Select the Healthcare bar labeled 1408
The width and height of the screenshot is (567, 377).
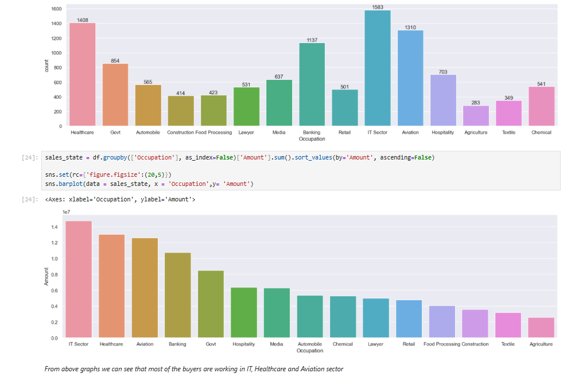82,74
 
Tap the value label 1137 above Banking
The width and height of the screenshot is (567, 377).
312,40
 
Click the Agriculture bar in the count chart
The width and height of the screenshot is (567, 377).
476,115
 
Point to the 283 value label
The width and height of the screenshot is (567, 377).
476,103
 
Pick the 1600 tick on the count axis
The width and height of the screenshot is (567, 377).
56,9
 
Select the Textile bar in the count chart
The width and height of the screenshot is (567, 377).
508,113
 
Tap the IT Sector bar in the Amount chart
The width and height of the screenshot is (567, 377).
79,279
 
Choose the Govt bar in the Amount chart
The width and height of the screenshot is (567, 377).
211,304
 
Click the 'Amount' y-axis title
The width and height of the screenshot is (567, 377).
46,277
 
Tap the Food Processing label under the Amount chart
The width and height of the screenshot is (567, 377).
442,344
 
